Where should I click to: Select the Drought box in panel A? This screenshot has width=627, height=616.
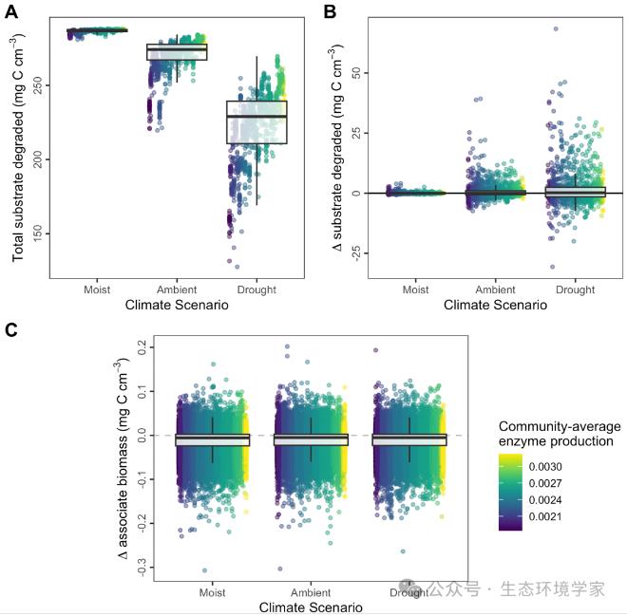(x=256, y=121)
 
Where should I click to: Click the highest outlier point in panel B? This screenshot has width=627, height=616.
(x=555, y=28)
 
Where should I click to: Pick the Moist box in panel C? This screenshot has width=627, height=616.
(x=213, y=439)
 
